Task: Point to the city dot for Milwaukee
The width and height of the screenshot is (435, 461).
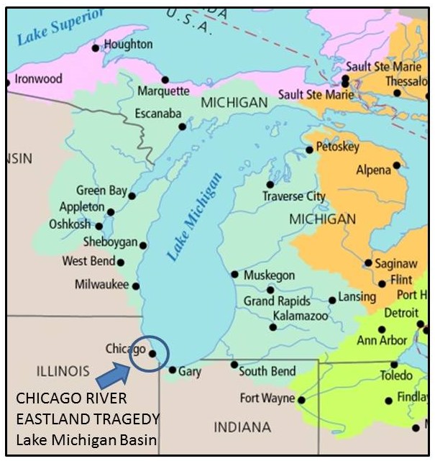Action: pyautogui.click(x=135, y=286)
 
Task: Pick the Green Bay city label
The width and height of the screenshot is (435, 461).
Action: pyautogui.click(x=101, y=191)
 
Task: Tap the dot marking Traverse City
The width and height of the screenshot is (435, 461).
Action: pyautogui.click(x=270, y=185)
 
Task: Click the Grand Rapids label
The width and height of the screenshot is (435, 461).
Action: pyautogui.click(x=277, y=301)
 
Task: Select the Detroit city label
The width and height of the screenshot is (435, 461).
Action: pyautogui.click(x=400, y=313)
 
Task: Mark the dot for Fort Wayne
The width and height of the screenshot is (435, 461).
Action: pyautogui.click(x=301, y=400)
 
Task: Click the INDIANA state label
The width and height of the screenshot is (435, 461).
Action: pyautogui.click(x=242, y=427)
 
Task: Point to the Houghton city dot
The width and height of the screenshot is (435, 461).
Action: pyautogui.click(x=96, y=48)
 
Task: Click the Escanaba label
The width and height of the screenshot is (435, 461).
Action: pyautogui.click(x=158, y=114)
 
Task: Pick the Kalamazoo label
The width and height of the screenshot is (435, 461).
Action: pyautogui.click(x=300, y=316)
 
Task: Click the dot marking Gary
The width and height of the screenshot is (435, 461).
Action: pyautogui.click(x=173, y=370)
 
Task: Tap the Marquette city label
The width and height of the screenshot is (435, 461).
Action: pyautogui.click(x=163, y=91)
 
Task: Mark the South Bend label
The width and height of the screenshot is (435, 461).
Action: pyautogui.click(x=267, y=372)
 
